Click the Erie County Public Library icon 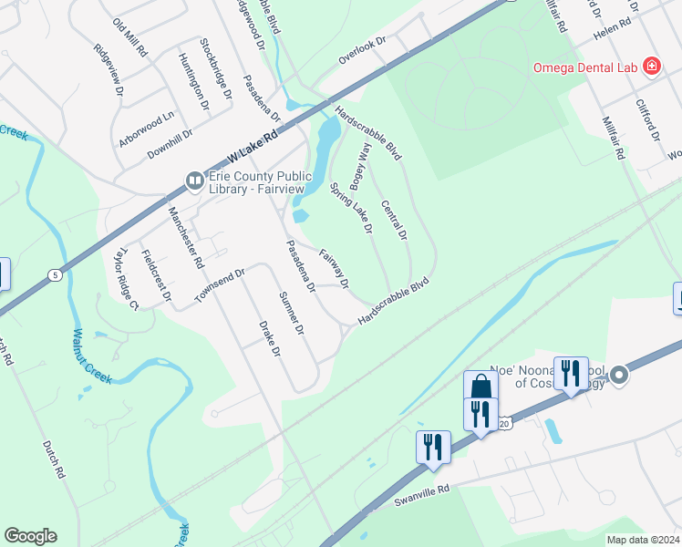tap(194, 181)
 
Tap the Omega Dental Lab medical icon tap(651, 66)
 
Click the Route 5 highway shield tap(56, 273)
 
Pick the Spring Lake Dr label tap(351, 208)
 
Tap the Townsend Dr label tap(220, 286)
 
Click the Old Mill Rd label tap(129, 38)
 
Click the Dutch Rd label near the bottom tap(55, 460)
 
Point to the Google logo tap(30, 536)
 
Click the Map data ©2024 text tap(643, 540)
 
